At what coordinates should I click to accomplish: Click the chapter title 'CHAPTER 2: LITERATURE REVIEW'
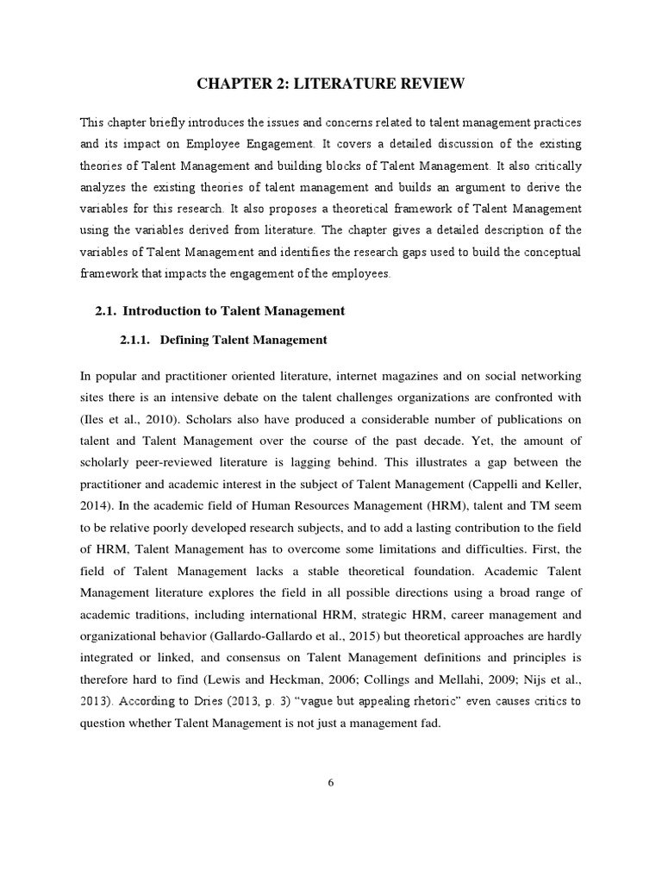point(331,84)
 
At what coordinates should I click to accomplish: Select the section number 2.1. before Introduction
point(107,310)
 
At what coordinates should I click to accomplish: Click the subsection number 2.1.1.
point(136,340)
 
